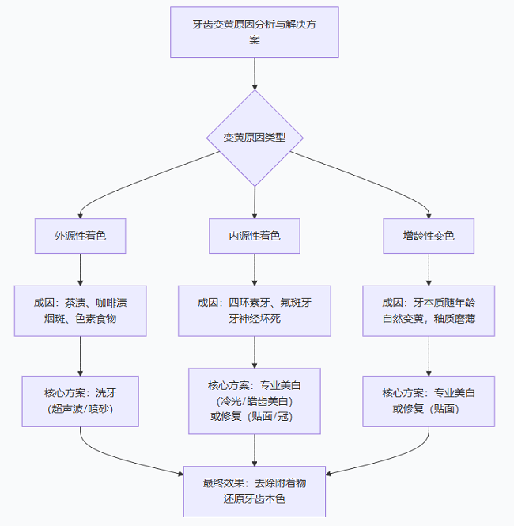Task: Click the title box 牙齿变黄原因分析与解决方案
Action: pyautogui.click(x=255, y=32)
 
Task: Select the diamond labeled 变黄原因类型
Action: pyautogui.click(x=255, y=137)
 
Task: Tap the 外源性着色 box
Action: pyautogui.click(x=80, y=236)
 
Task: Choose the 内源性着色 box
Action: pyautogui.click(x=255, y=236)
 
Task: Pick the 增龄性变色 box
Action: pyautogui.click(x=429, y=236)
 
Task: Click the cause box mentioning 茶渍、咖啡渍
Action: pyautogui.click(x=80, y=311)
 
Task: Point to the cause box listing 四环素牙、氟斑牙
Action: pyautogui.click(x=255, y=311)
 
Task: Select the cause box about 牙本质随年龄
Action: pyautogui.click(x=429, y=311)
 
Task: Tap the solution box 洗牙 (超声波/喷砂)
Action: pyautogui.click(x=80, y=401)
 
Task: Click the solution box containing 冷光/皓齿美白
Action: pyautogui.click(x=255, y=401)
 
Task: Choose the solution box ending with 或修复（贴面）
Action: pyautogui.click(x=429, y=401)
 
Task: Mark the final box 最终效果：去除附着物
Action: pyautogui.click(x=255, y=490)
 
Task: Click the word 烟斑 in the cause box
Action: pyautogui.click(x=58, y=320)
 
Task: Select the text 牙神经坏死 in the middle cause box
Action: pyautogui.click(x=255, y=320)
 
